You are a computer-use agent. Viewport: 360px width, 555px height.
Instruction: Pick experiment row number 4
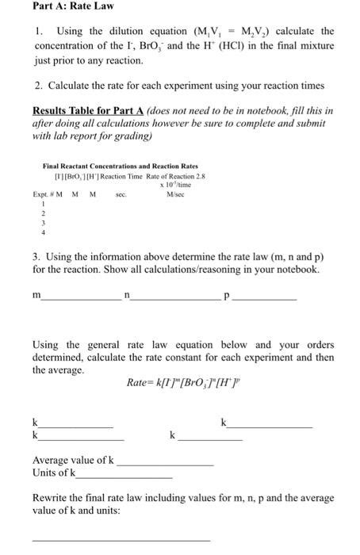(x=44, y=233)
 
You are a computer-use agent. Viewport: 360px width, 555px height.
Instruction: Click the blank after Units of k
(x=123, y=476)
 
